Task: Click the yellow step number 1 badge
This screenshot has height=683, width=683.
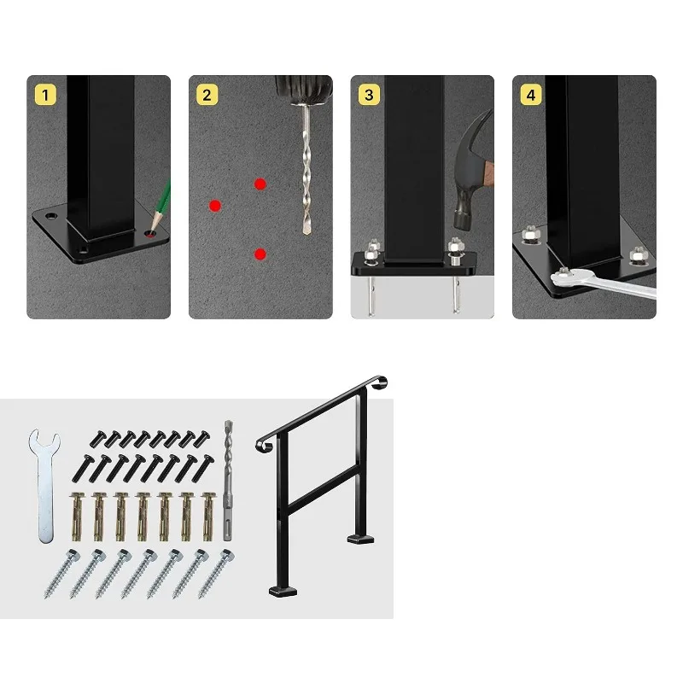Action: [44, 94]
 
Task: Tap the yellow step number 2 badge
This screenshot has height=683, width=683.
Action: [206, 94]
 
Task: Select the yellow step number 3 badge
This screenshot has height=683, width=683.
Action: [368, 94]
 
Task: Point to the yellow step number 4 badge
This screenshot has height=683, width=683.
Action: [530, 94]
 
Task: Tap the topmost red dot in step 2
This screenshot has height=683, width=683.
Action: [260, 184]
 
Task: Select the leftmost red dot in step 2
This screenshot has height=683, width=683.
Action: [215, 205]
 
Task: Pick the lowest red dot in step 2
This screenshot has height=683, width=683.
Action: [260, 254]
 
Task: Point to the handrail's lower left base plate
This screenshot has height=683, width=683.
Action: [281, 590]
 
